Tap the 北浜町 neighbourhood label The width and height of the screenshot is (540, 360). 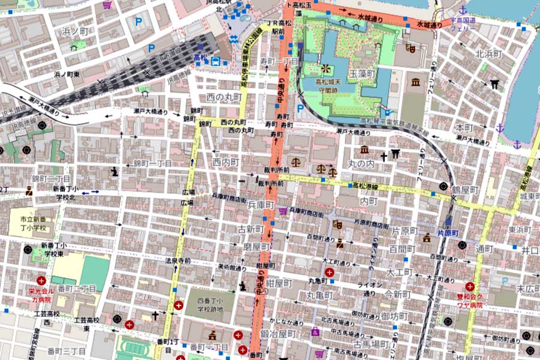coord(488,53)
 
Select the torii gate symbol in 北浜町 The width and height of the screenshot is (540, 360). coord(494,84)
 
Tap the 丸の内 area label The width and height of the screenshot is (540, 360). coord(362,163)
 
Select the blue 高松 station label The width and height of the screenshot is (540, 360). coord(200,58)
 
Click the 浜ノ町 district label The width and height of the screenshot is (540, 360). coord(76,31)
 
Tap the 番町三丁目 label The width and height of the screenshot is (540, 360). coord(67,350)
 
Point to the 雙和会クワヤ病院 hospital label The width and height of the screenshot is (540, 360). coord(470,301)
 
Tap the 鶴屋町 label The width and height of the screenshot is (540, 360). coord(465,189)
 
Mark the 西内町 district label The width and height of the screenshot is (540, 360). coord(226,162)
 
